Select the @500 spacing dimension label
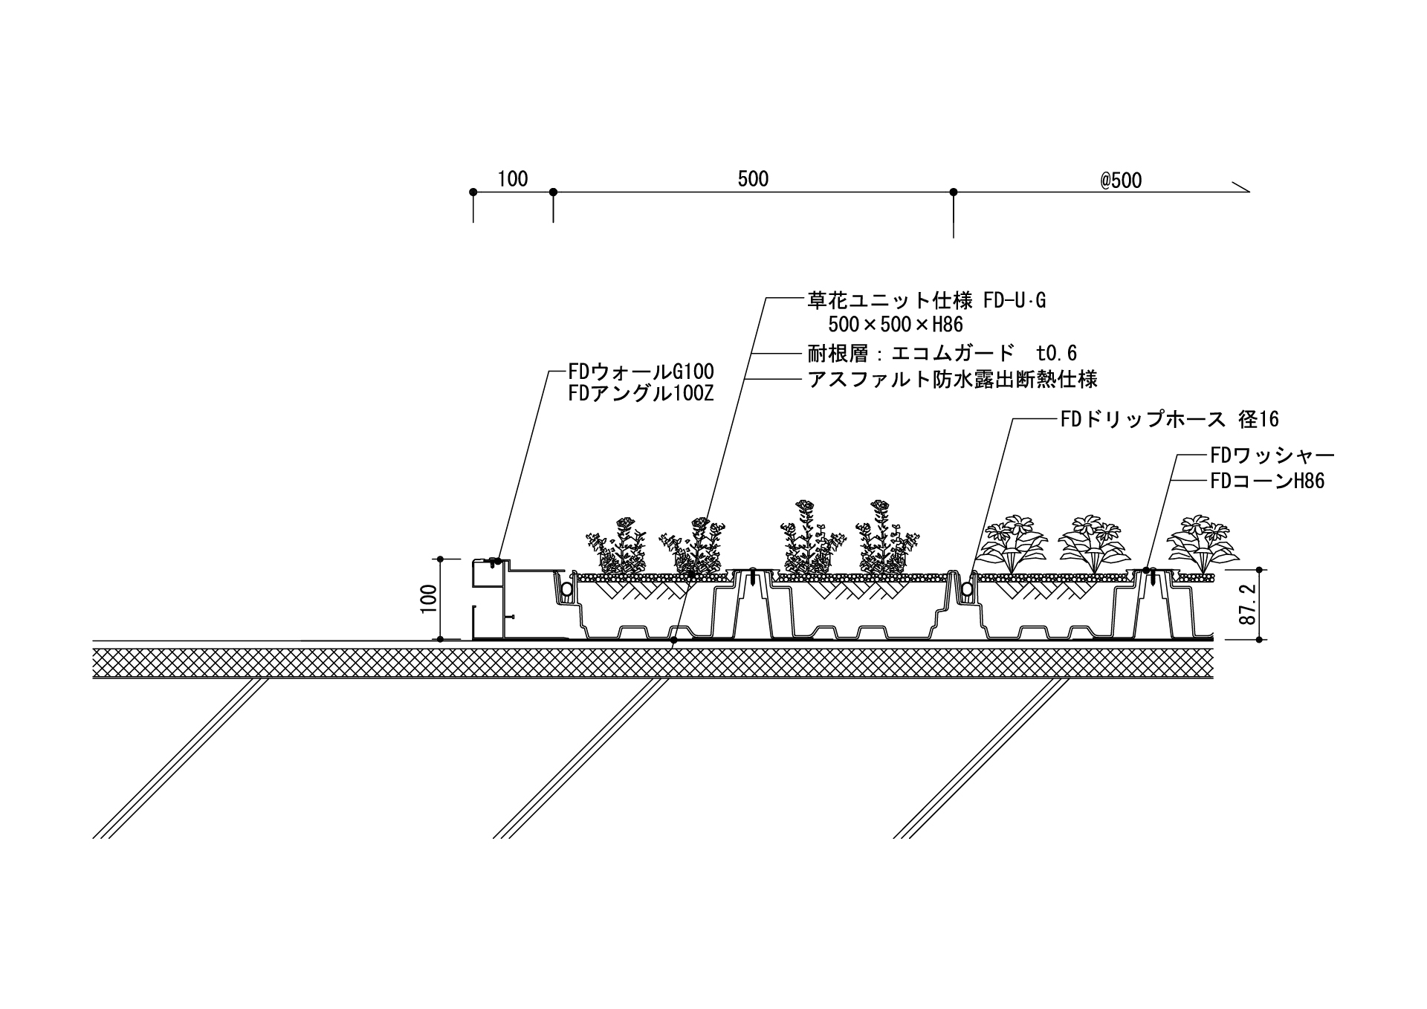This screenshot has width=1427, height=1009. (x=1121, y=181)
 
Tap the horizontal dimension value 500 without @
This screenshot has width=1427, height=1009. (x=753, y=179)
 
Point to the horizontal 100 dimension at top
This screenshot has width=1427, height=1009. (x=512, y=179)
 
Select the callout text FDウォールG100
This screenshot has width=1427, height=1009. (x=641, y=371)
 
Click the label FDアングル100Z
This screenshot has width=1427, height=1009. (x=641, y=394)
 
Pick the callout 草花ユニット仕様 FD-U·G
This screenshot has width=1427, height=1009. (x=927, y=301)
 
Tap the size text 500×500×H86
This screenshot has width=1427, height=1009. (x=896, y=325)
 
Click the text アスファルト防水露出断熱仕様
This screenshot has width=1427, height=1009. (x=952, y=380)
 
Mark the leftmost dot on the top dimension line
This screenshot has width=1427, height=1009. (x=473, y=192)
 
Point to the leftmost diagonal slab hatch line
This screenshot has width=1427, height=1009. (x=178, y=759)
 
